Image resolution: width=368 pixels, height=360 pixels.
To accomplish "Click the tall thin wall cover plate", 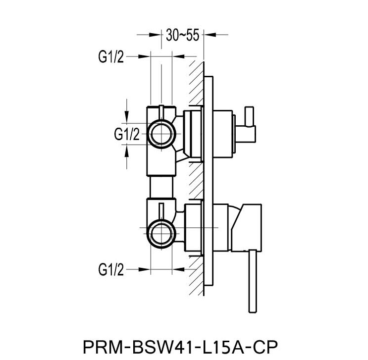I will tap(210, 188).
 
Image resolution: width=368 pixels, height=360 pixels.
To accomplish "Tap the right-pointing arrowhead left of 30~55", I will tap(157, 35).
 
